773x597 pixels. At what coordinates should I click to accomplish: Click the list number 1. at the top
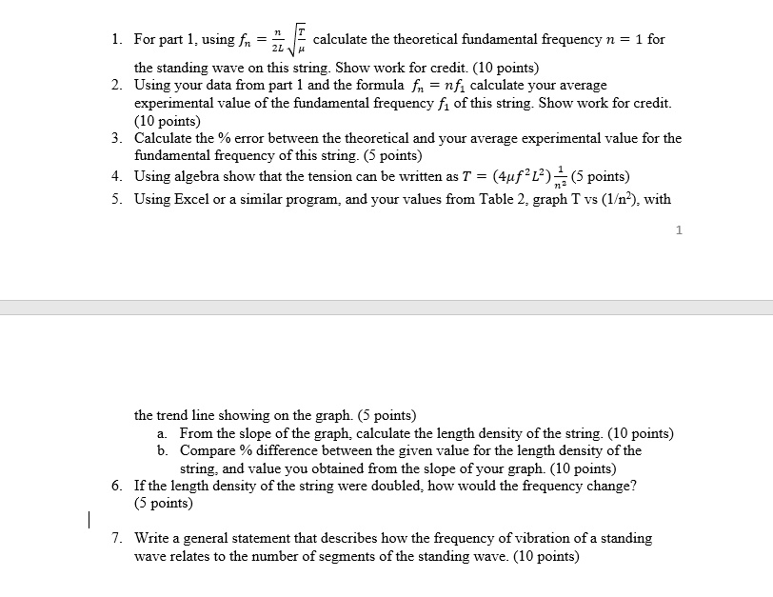pos(115,40)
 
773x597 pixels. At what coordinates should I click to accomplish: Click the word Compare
pos(208,450)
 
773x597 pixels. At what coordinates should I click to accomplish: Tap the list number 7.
pos(116,538)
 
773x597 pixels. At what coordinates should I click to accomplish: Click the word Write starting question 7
pos(154,538)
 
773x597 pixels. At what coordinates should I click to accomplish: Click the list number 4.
pos(115,176)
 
